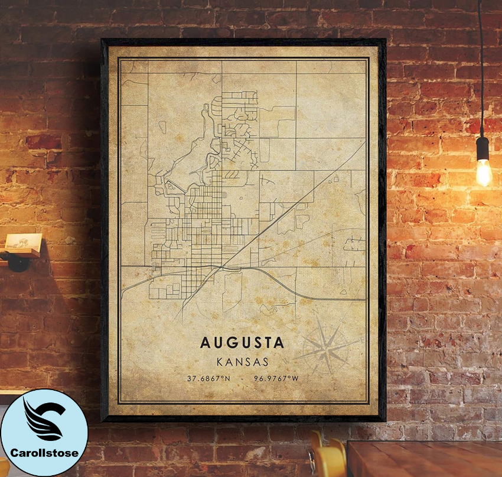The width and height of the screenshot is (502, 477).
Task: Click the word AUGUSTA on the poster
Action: tap(242, 342)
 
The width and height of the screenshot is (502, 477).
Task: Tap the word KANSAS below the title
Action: tap(242, 361)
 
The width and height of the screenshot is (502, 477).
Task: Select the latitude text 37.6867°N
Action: tap(208, 378)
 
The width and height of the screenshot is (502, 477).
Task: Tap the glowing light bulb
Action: tap(484, 171)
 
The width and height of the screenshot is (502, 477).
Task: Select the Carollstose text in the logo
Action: tap(44, 453)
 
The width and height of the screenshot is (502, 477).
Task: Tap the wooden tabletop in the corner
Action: tap(425, 458)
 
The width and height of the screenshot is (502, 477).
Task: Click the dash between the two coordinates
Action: tap(243, 378)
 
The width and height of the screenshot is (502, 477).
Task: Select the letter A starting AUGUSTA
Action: tap(204, 342)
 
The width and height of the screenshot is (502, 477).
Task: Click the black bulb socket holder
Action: tap(483, 147)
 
